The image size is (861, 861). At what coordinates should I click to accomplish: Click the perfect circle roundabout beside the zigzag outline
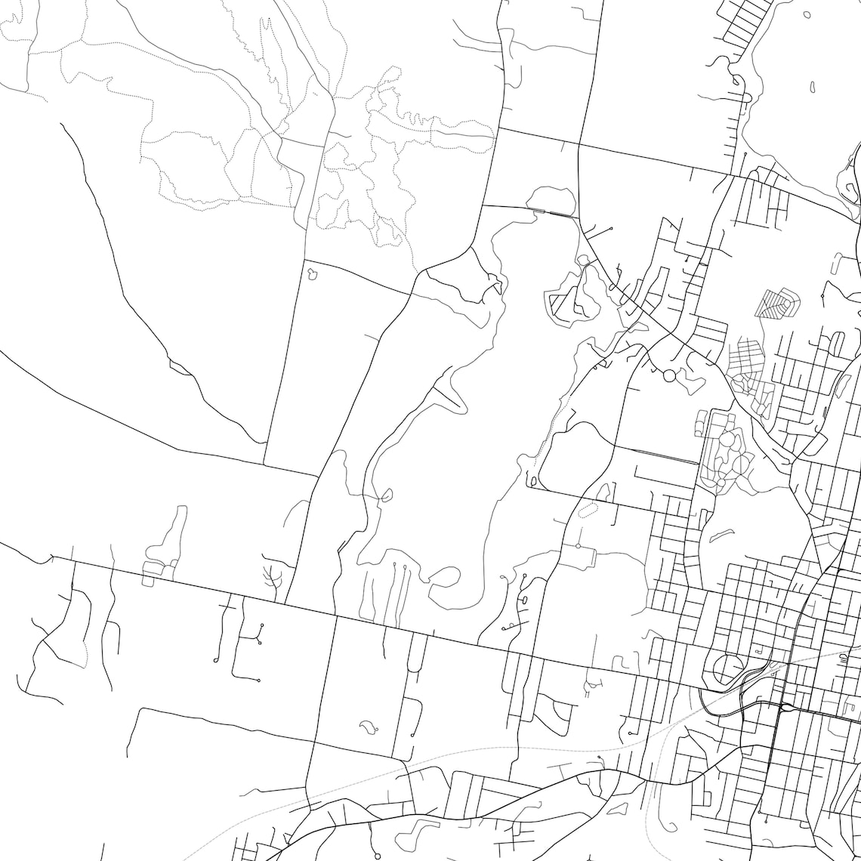click(x=668, y=375)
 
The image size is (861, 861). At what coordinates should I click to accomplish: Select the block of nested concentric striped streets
click(x=776, y=304)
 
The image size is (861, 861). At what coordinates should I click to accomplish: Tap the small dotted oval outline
click(x=587, y=510)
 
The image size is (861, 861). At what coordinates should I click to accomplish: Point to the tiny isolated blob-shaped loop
click(x=313, y=274)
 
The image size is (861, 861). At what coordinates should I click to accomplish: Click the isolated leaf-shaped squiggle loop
click(x=369, y=727)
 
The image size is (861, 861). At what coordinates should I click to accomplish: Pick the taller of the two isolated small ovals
click(x=813, y=87)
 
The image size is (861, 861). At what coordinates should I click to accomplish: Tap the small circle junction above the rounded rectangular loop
click(x=578, y=545)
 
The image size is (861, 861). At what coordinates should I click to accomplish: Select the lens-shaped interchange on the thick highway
click(x=786, y=708)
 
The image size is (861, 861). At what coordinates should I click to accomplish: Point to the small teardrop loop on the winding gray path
click(x=386, y=496)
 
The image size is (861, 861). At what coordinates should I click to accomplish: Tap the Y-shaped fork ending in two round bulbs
click(x=260, y=634)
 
